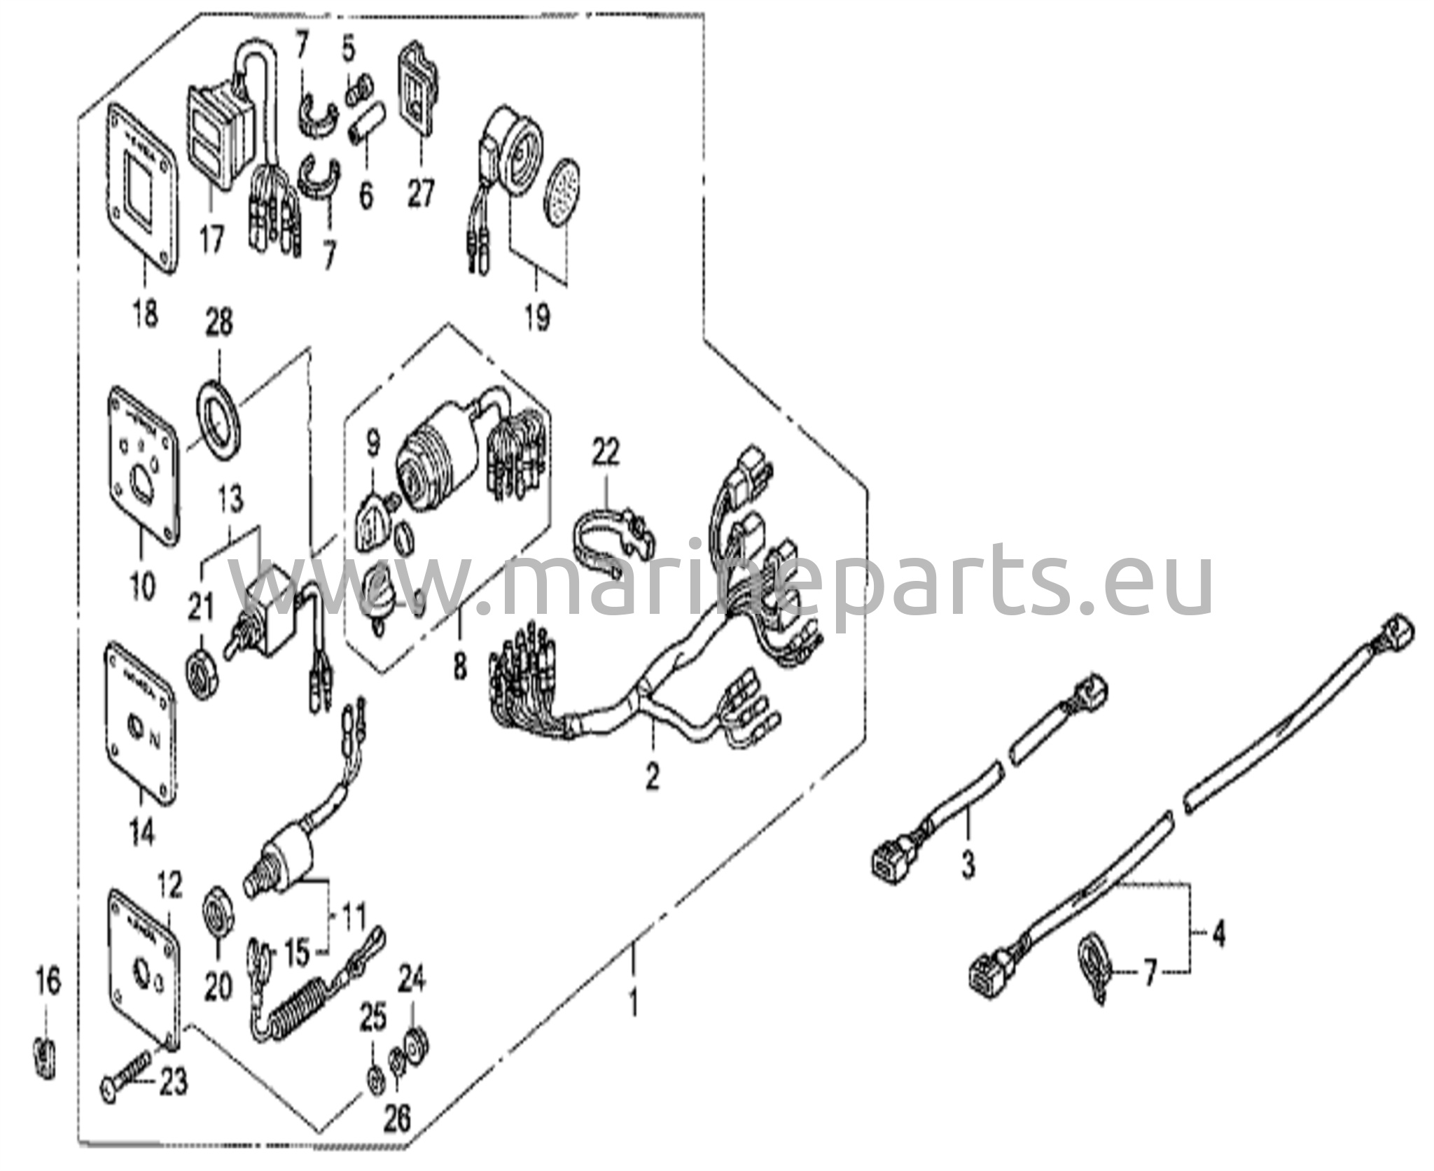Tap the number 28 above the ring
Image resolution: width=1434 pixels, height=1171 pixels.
219,324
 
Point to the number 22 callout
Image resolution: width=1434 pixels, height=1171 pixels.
606,453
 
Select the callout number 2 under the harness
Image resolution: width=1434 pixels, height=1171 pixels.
652,776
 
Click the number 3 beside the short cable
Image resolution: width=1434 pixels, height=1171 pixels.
968,864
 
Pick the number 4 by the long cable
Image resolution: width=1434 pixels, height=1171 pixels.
1219,934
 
